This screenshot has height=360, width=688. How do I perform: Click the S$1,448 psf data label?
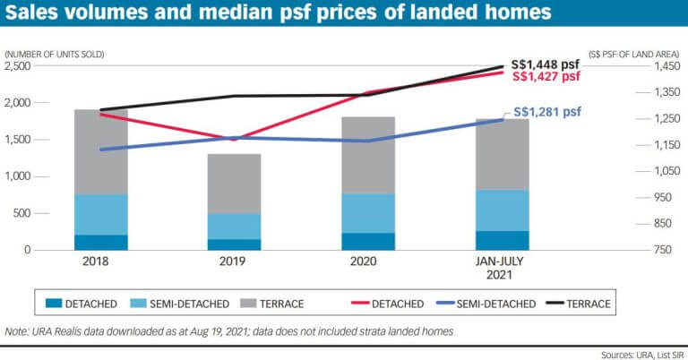coord(546,64)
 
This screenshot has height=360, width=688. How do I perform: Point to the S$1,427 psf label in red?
coord(546,77)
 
